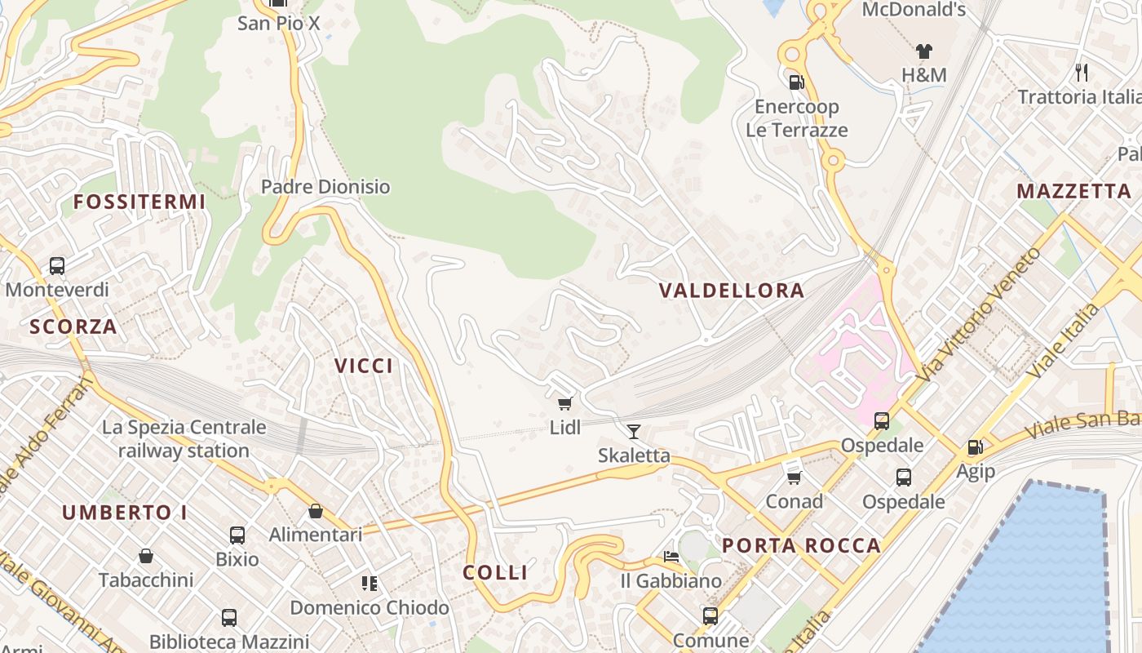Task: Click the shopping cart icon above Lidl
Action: pos(564,403)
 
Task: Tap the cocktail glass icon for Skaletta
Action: pos(634,432)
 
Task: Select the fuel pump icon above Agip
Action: pos(975,447)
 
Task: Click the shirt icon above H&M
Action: pos(923,51)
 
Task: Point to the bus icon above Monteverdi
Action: pos(57,266)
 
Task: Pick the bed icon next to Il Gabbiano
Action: pos(671,557)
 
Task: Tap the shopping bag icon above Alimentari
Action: pos(316,512)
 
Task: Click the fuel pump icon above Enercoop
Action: pos(796,82)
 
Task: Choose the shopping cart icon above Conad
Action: pos(794,477)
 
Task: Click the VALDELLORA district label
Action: pos(732,291)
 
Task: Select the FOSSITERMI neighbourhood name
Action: pos(139,202)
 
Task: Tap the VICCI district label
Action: pos(364,366)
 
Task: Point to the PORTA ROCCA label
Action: pos(802,545)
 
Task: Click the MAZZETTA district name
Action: pos(1073,192)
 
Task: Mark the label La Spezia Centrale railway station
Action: pos(184,438)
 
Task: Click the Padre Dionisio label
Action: pos(325,187)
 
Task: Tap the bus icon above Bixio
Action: pos(237,535)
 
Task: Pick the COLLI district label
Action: pos(495,573)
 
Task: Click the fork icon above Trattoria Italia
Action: pos(1082,73)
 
